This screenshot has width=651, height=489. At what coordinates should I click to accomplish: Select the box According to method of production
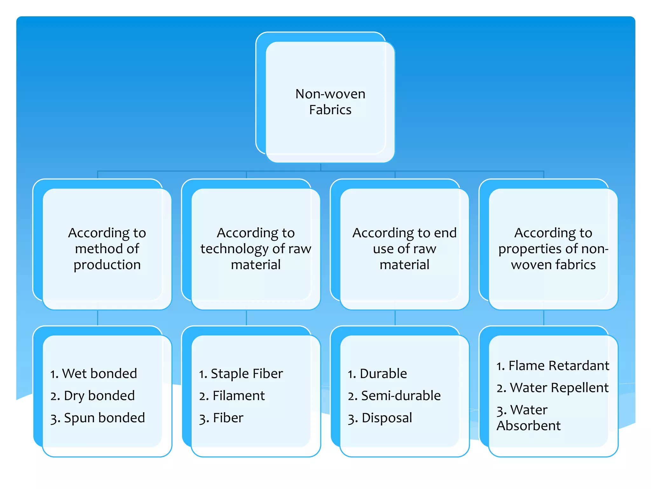tap(107, 249)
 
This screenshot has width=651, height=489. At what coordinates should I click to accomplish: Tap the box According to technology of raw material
tap(256, 249)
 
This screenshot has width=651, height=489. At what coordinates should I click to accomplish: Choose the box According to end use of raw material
tap(404, 249)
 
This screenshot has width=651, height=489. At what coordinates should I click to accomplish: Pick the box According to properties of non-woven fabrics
tap(553, 249)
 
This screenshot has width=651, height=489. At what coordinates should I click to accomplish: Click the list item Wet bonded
tap(93, 373)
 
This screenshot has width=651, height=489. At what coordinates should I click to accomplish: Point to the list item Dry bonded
tap(93, 396)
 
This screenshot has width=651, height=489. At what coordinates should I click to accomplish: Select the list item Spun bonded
tap(98, 418)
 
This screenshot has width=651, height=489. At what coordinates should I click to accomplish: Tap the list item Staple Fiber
tap(241, 373)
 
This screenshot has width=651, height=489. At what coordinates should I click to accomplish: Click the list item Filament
tap(232, 396)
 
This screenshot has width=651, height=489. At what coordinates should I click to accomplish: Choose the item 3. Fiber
tap(221, 418)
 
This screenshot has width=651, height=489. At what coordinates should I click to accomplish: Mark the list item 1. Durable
tap(377, 373)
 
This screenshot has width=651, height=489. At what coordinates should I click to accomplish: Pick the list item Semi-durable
tap(394, 396)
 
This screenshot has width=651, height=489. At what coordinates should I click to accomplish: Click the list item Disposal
tap(380, 418)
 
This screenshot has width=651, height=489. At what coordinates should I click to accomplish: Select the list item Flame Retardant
tap(553, 365)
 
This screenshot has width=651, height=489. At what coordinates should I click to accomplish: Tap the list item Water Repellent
tap(553, 388)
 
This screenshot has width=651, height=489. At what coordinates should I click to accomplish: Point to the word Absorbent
tap(529, 426)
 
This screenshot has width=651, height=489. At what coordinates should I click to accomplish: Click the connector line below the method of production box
tap(98, 318)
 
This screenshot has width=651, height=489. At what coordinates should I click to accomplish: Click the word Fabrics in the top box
tap(330, 110)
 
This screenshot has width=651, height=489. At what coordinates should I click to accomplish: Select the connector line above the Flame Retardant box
tap(544, 318)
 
